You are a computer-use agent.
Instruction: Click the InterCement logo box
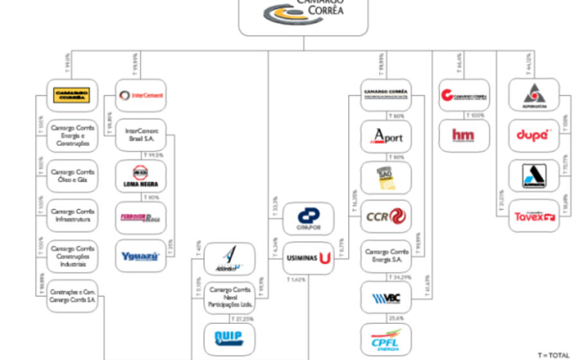click(141, 95)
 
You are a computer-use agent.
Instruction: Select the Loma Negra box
click(141, 176)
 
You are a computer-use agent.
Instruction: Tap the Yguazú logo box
click(141, 256)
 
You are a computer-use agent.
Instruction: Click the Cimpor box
click(308, 219)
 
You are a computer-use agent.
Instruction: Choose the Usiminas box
click(308, 258)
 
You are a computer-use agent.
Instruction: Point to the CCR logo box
click(386, 216)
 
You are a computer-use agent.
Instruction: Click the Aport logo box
click(386, 136)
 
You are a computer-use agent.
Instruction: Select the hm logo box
click(464, 136)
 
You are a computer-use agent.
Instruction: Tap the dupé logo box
click(533, 136)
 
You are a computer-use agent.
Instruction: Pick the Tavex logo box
click(533, 216)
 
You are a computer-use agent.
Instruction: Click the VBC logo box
click(386, 298)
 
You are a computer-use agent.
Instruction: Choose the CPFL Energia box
click(386, 339)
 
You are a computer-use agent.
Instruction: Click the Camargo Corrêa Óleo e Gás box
click(72, 176)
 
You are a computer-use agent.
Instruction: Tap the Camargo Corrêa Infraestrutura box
click(72, 215)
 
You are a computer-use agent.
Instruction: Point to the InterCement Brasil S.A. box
click(141, 136)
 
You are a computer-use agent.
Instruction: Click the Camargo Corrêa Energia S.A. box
click(386, 256)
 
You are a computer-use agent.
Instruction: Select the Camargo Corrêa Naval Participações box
click(230, 298)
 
